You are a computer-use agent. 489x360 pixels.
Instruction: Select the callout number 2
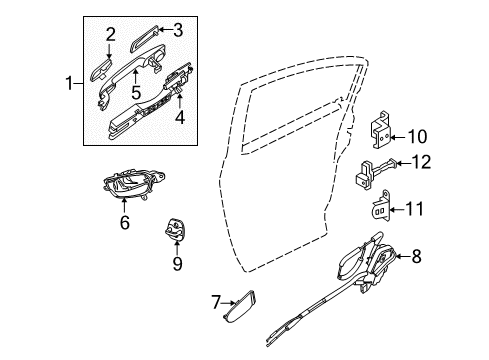[111, 35]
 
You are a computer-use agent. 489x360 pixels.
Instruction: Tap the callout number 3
[178, 30]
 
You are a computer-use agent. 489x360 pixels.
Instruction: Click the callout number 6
[125, 223]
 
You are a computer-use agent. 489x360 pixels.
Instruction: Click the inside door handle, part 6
[127, 187]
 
